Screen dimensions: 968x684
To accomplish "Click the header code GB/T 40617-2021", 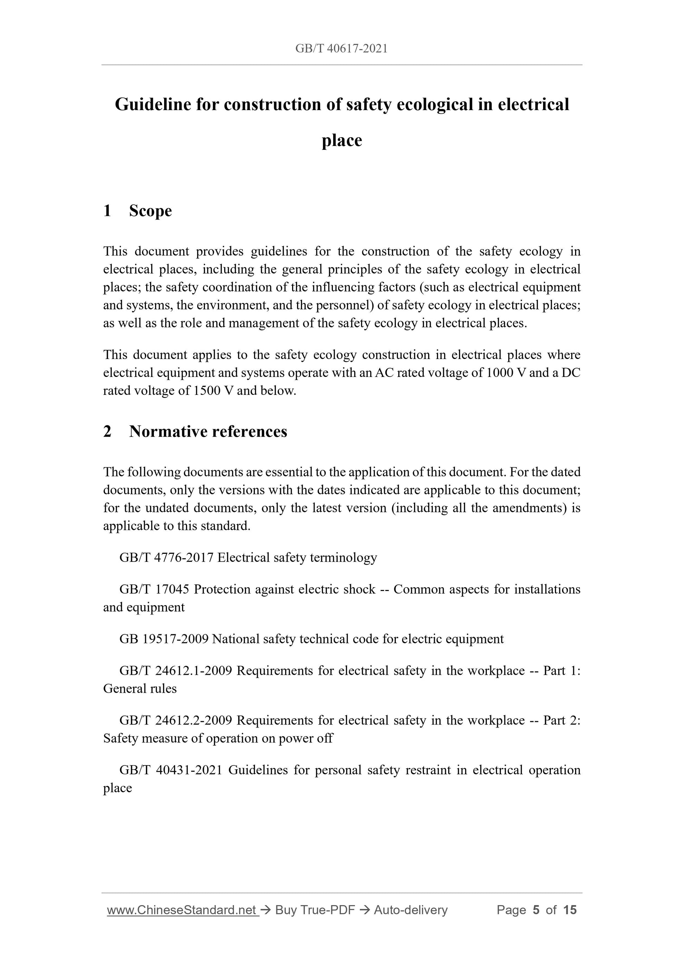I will click(341, 49).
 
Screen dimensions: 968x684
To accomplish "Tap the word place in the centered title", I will click(342, 140).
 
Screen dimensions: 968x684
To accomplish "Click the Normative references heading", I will click(208, 432).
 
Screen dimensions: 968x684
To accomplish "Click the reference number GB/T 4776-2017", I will click(167, 558).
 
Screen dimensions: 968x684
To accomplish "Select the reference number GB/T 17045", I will click(154, 589).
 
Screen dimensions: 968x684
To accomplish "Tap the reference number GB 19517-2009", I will click(164, 639).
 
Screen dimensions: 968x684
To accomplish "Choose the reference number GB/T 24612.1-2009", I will click(176, 671).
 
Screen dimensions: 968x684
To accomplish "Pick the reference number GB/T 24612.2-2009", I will click(176, 720).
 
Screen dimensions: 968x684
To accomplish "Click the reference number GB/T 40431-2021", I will click(171, 770).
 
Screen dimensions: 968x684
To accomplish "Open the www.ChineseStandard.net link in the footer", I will click(182, 910).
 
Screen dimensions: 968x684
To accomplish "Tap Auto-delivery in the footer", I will click(411, 910).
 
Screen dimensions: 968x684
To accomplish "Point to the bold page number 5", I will click(536, 910).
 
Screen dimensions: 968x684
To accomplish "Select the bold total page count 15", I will click(570, 910).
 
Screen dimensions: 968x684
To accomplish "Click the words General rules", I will click(140, 689).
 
